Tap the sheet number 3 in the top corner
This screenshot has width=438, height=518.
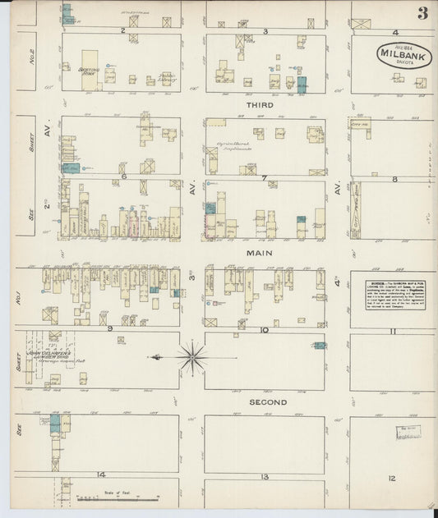pos(422,12)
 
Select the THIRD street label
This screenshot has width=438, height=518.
pos(260,105)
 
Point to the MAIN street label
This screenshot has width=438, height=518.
pos(260,254)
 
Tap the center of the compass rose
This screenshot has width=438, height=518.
pos(191,357)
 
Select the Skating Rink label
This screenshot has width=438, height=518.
pos(89,71)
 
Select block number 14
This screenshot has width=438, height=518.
pos(101,474)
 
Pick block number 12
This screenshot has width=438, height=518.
pos(392,477)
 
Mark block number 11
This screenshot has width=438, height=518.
pos(394,331)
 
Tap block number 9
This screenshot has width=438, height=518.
pos(108,328)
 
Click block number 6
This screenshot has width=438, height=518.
pos(122,176)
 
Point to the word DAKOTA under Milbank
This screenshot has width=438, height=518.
pos(397,60)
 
